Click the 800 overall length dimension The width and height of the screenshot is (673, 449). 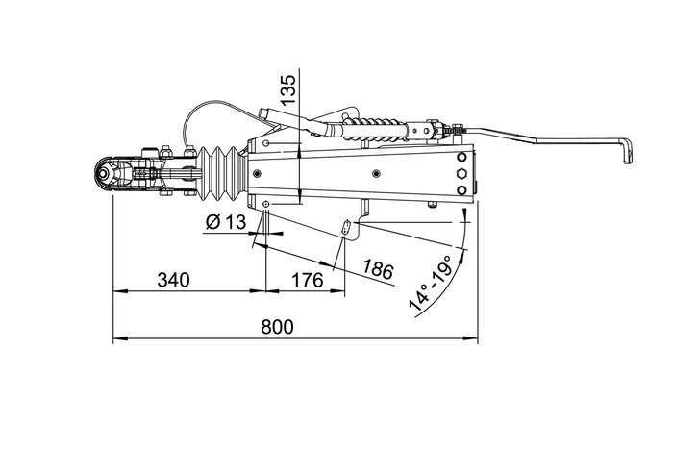(x=276, y=327)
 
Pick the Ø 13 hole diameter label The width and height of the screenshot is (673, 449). (x=226, y=223)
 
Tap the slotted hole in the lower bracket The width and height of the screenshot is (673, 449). (x=347, y=228)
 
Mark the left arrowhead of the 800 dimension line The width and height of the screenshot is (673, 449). (x=116, y=338)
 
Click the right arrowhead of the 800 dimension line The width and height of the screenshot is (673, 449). (x=475, y=338)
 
